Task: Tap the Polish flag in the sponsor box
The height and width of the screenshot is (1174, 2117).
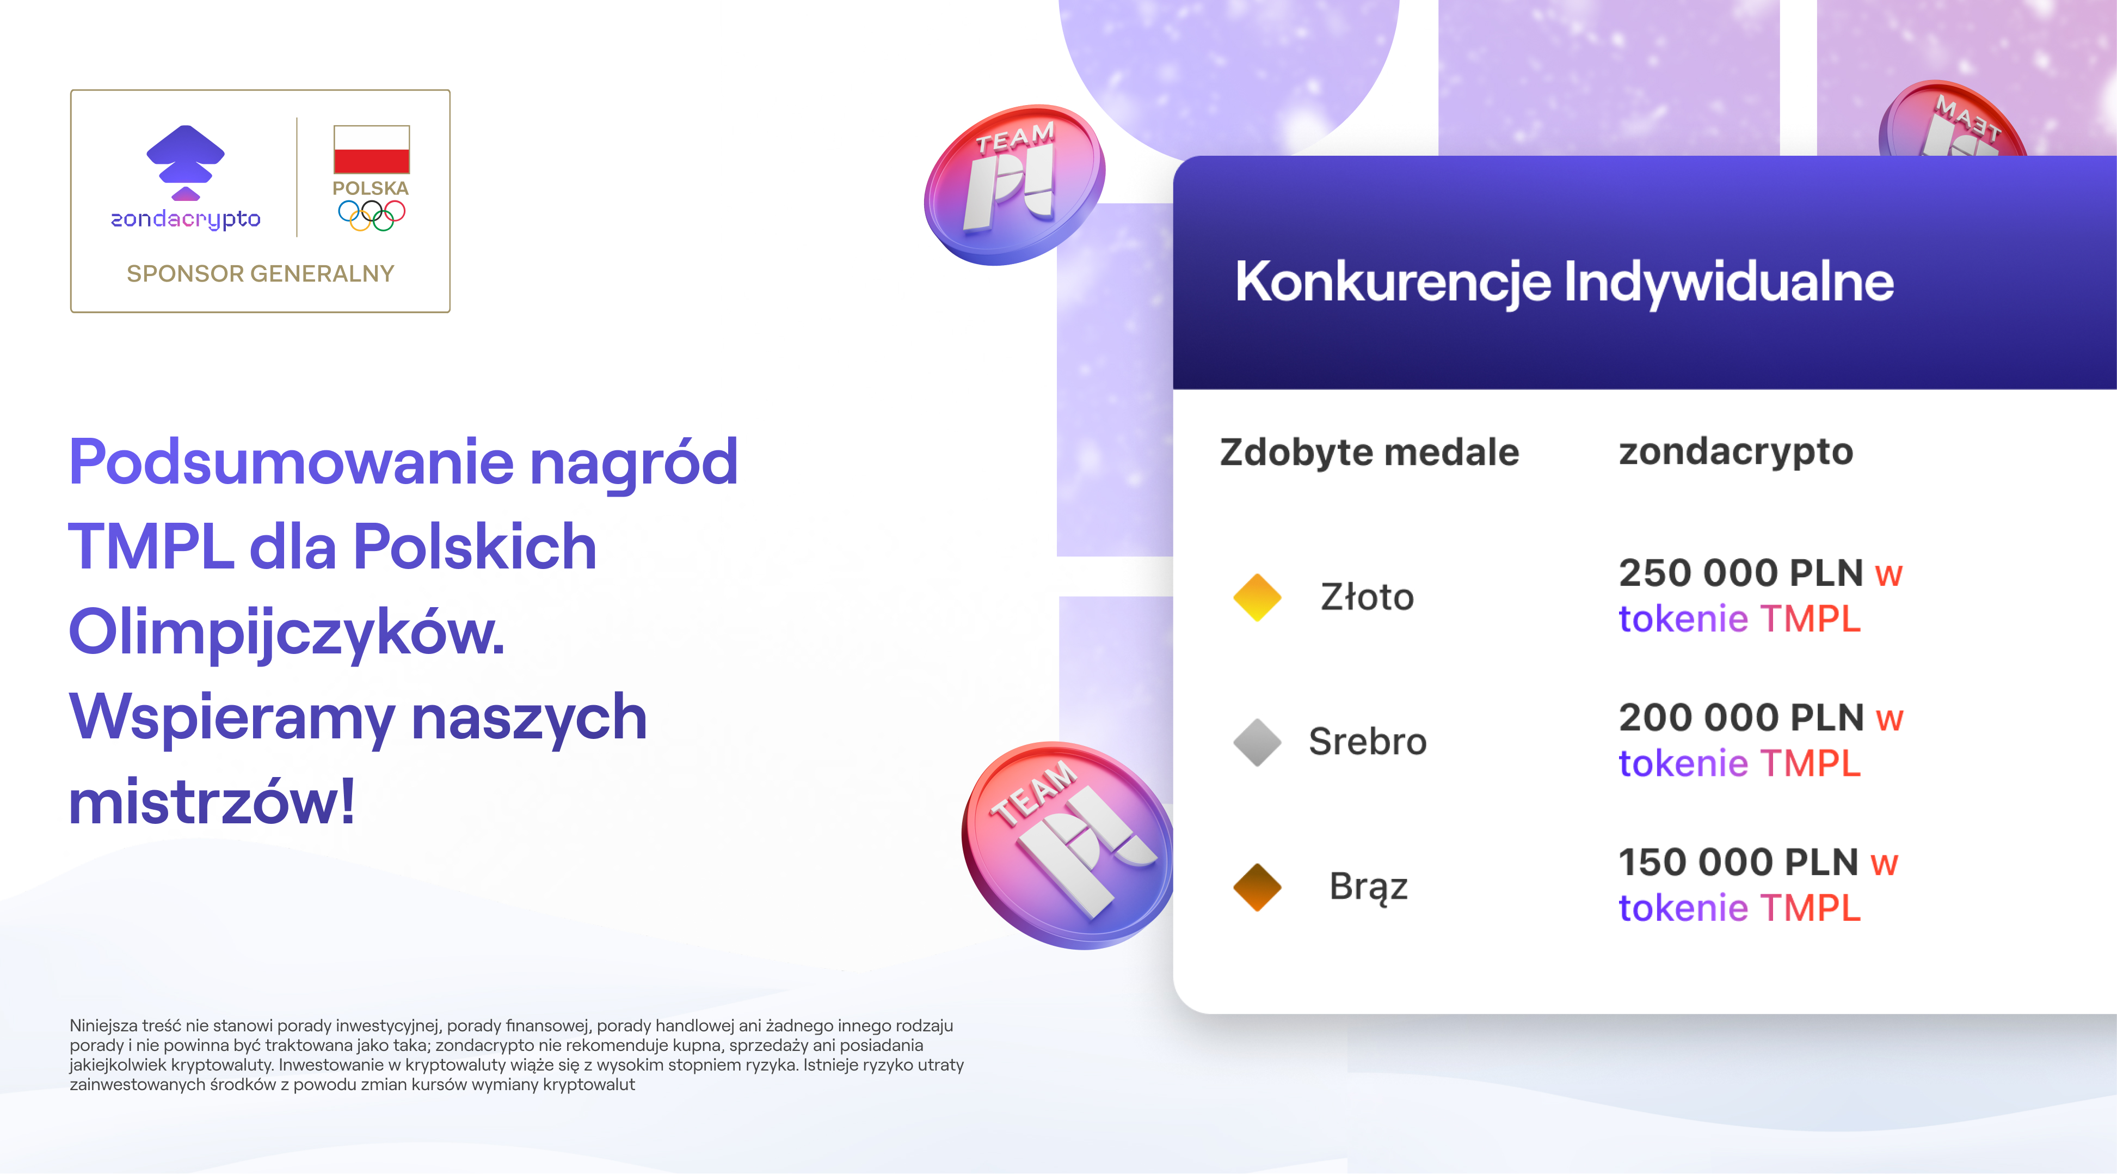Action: (372, 149)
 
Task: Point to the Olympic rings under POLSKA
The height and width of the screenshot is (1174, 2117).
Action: (372, 216)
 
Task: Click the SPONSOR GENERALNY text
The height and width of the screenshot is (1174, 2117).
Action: (261, 274)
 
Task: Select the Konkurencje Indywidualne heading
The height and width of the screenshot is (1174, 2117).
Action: (1564, 282)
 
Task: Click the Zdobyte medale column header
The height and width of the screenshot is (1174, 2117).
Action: (1369, 452)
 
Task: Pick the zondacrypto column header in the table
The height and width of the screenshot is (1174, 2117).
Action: (1736, 451)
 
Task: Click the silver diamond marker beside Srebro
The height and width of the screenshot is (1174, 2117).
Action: (1257, 742)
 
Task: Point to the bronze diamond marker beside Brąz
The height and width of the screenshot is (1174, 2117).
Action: (1257, 886)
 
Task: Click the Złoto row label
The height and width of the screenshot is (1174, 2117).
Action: (1367, 597)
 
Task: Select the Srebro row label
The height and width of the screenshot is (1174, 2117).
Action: (1368, 742)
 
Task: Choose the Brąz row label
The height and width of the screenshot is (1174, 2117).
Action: (1368, 886)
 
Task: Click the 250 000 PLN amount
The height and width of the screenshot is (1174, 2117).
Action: (1740, 573)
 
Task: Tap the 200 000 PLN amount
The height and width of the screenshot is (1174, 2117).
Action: (1740, 718)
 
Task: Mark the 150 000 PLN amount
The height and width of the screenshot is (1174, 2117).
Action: (1738, 863)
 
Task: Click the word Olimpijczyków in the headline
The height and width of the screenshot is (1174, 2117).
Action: (286, 633)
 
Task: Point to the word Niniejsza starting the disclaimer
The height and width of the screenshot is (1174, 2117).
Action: (103, 1025)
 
